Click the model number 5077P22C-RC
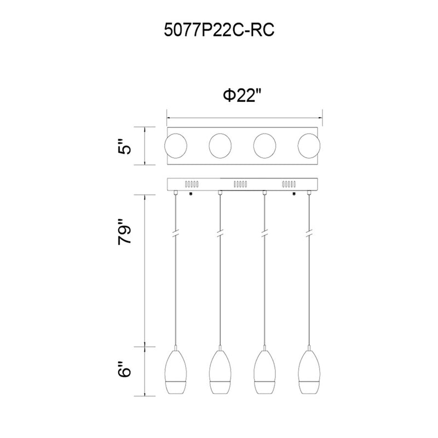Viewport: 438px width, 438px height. point(219,30)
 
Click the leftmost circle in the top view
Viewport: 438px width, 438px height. point(176,146)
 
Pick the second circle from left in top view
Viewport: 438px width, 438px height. point(220,146)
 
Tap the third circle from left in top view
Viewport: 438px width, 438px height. point(264,146)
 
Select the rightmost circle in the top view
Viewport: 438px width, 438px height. point(309,146)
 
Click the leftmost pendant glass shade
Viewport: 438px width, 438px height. point(176,372)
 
